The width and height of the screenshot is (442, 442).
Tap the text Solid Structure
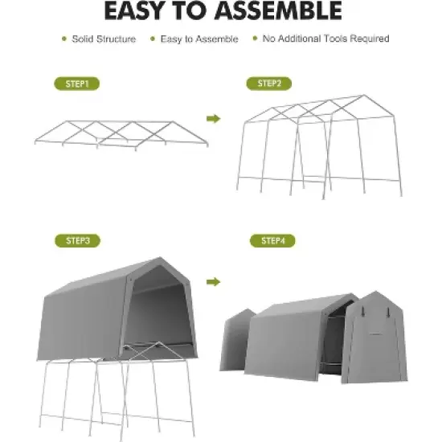[x=104, y=39]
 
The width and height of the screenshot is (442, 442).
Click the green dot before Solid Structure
[x=63, y=39]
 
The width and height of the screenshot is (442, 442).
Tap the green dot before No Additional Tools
[x=256, y=39]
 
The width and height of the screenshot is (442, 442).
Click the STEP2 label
[x=268, y=83]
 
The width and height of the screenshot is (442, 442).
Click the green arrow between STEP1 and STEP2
[x=213, y=119]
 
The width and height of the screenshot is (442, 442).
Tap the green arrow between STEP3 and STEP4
[x=213, y=282]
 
